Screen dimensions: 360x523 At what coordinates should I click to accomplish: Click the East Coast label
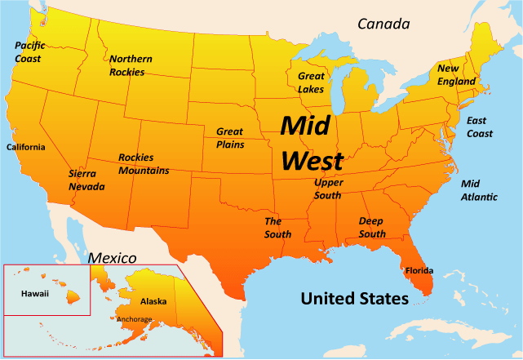479,127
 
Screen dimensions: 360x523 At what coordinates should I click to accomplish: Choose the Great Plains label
229,137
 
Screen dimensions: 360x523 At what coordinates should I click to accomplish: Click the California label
26,148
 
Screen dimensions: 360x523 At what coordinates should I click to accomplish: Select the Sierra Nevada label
86,180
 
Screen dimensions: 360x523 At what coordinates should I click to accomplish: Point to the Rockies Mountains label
144,164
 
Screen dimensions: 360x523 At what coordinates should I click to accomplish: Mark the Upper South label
328,189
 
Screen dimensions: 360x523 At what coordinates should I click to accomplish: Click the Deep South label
372,228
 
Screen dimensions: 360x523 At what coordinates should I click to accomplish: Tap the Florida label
419,270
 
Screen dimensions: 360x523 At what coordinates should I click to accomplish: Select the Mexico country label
111,258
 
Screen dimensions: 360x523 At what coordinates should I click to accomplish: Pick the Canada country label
383,24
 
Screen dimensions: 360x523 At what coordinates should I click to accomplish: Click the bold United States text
354,299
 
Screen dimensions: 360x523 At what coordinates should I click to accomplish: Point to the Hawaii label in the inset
34,291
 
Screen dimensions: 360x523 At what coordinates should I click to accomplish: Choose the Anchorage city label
135,319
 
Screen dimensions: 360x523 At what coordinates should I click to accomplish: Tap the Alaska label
153,301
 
